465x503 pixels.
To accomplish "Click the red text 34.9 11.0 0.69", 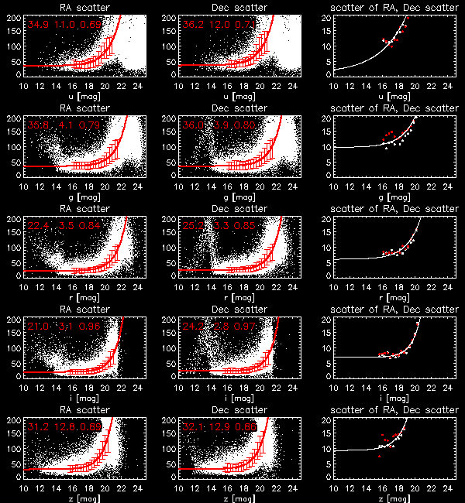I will [64, 26].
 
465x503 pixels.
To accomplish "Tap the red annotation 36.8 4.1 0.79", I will [64, 127].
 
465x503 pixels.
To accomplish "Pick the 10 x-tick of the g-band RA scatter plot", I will [24, 185].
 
